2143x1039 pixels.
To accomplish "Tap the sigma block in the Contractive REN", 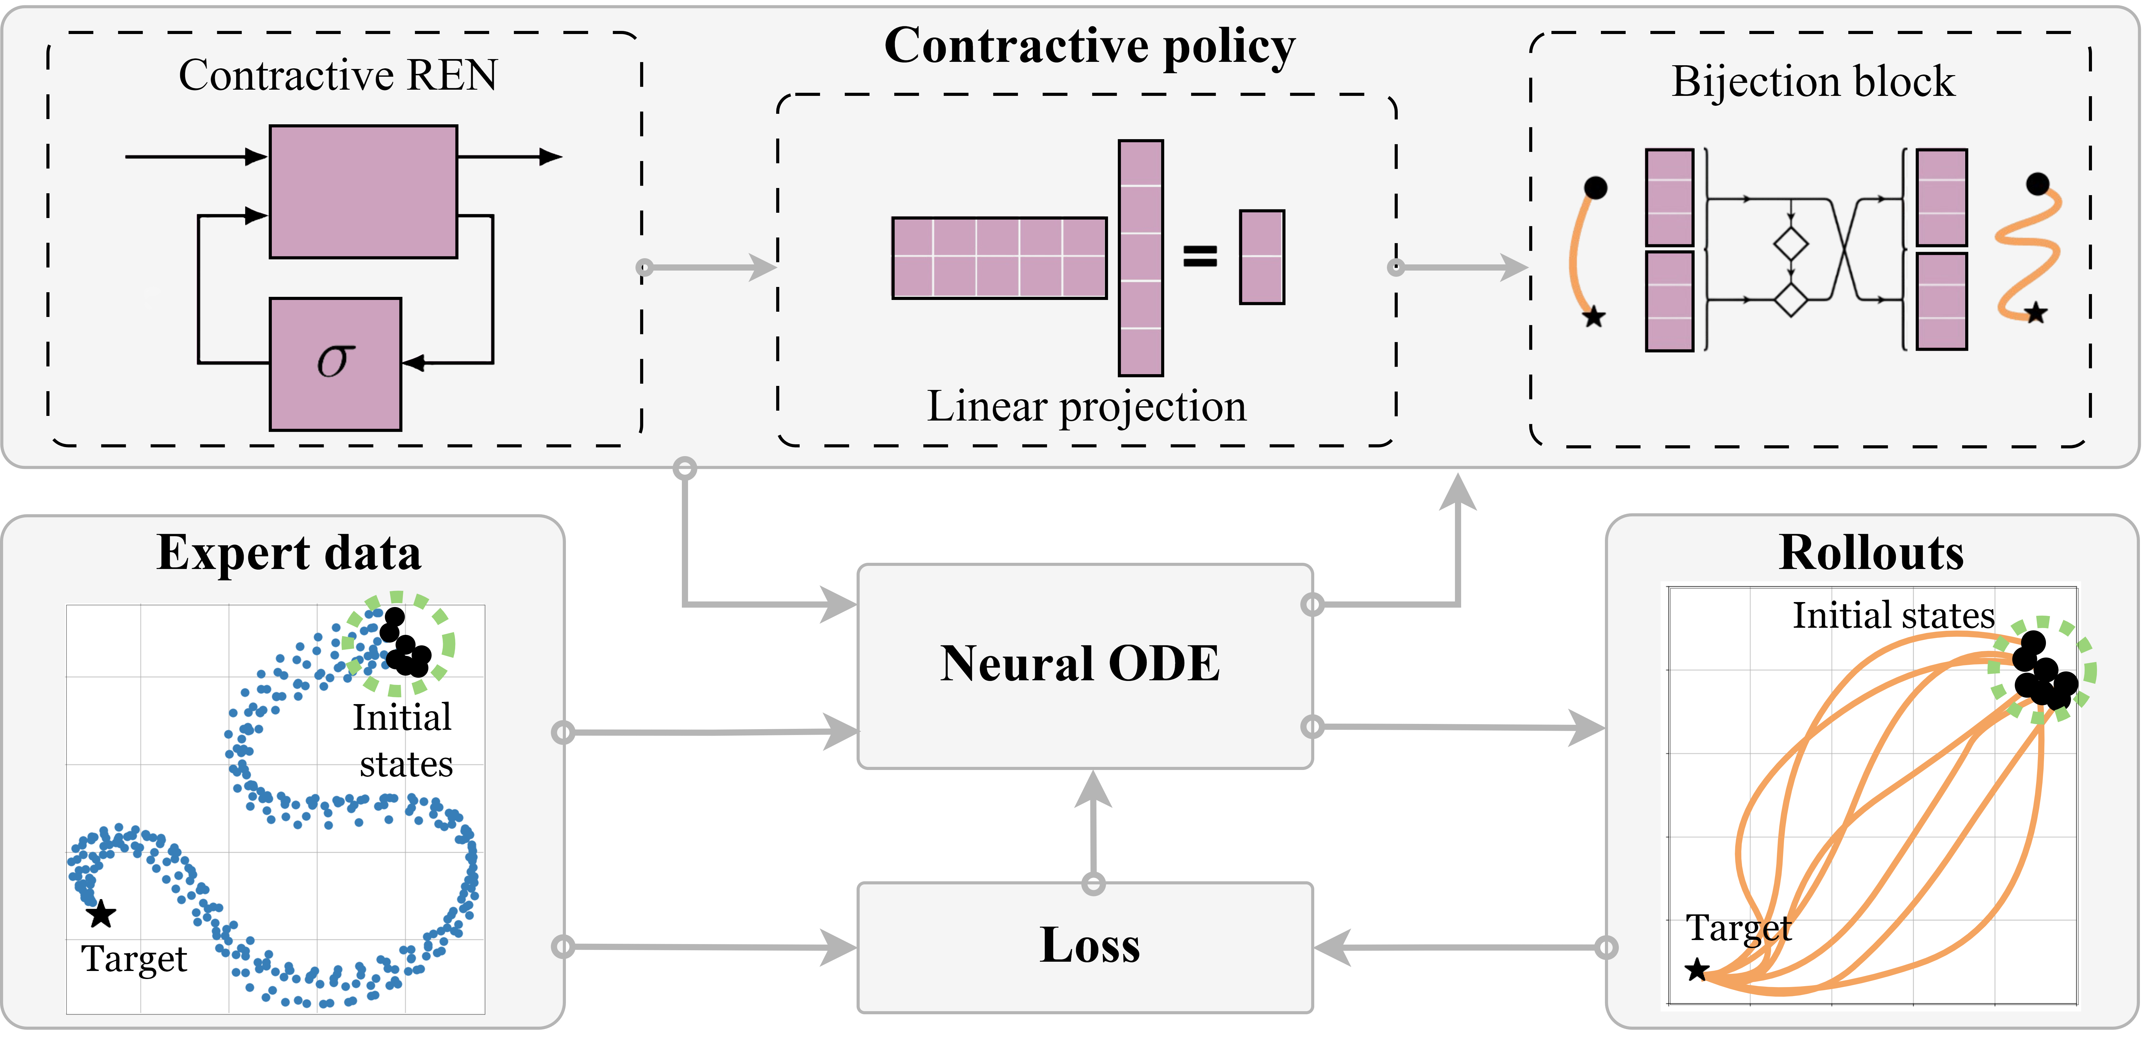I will (x=335, y=364).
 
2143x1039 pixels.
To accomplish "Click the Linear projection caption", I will (x=1086, y=407).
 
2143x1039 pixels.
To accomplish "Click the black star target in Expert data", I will (x=101, y=914).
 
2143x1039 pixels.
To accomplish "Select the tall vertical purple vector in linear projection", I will (x=1140, y=258).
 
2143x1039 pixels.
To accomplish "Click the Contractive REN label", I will (x=338, y=76).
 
